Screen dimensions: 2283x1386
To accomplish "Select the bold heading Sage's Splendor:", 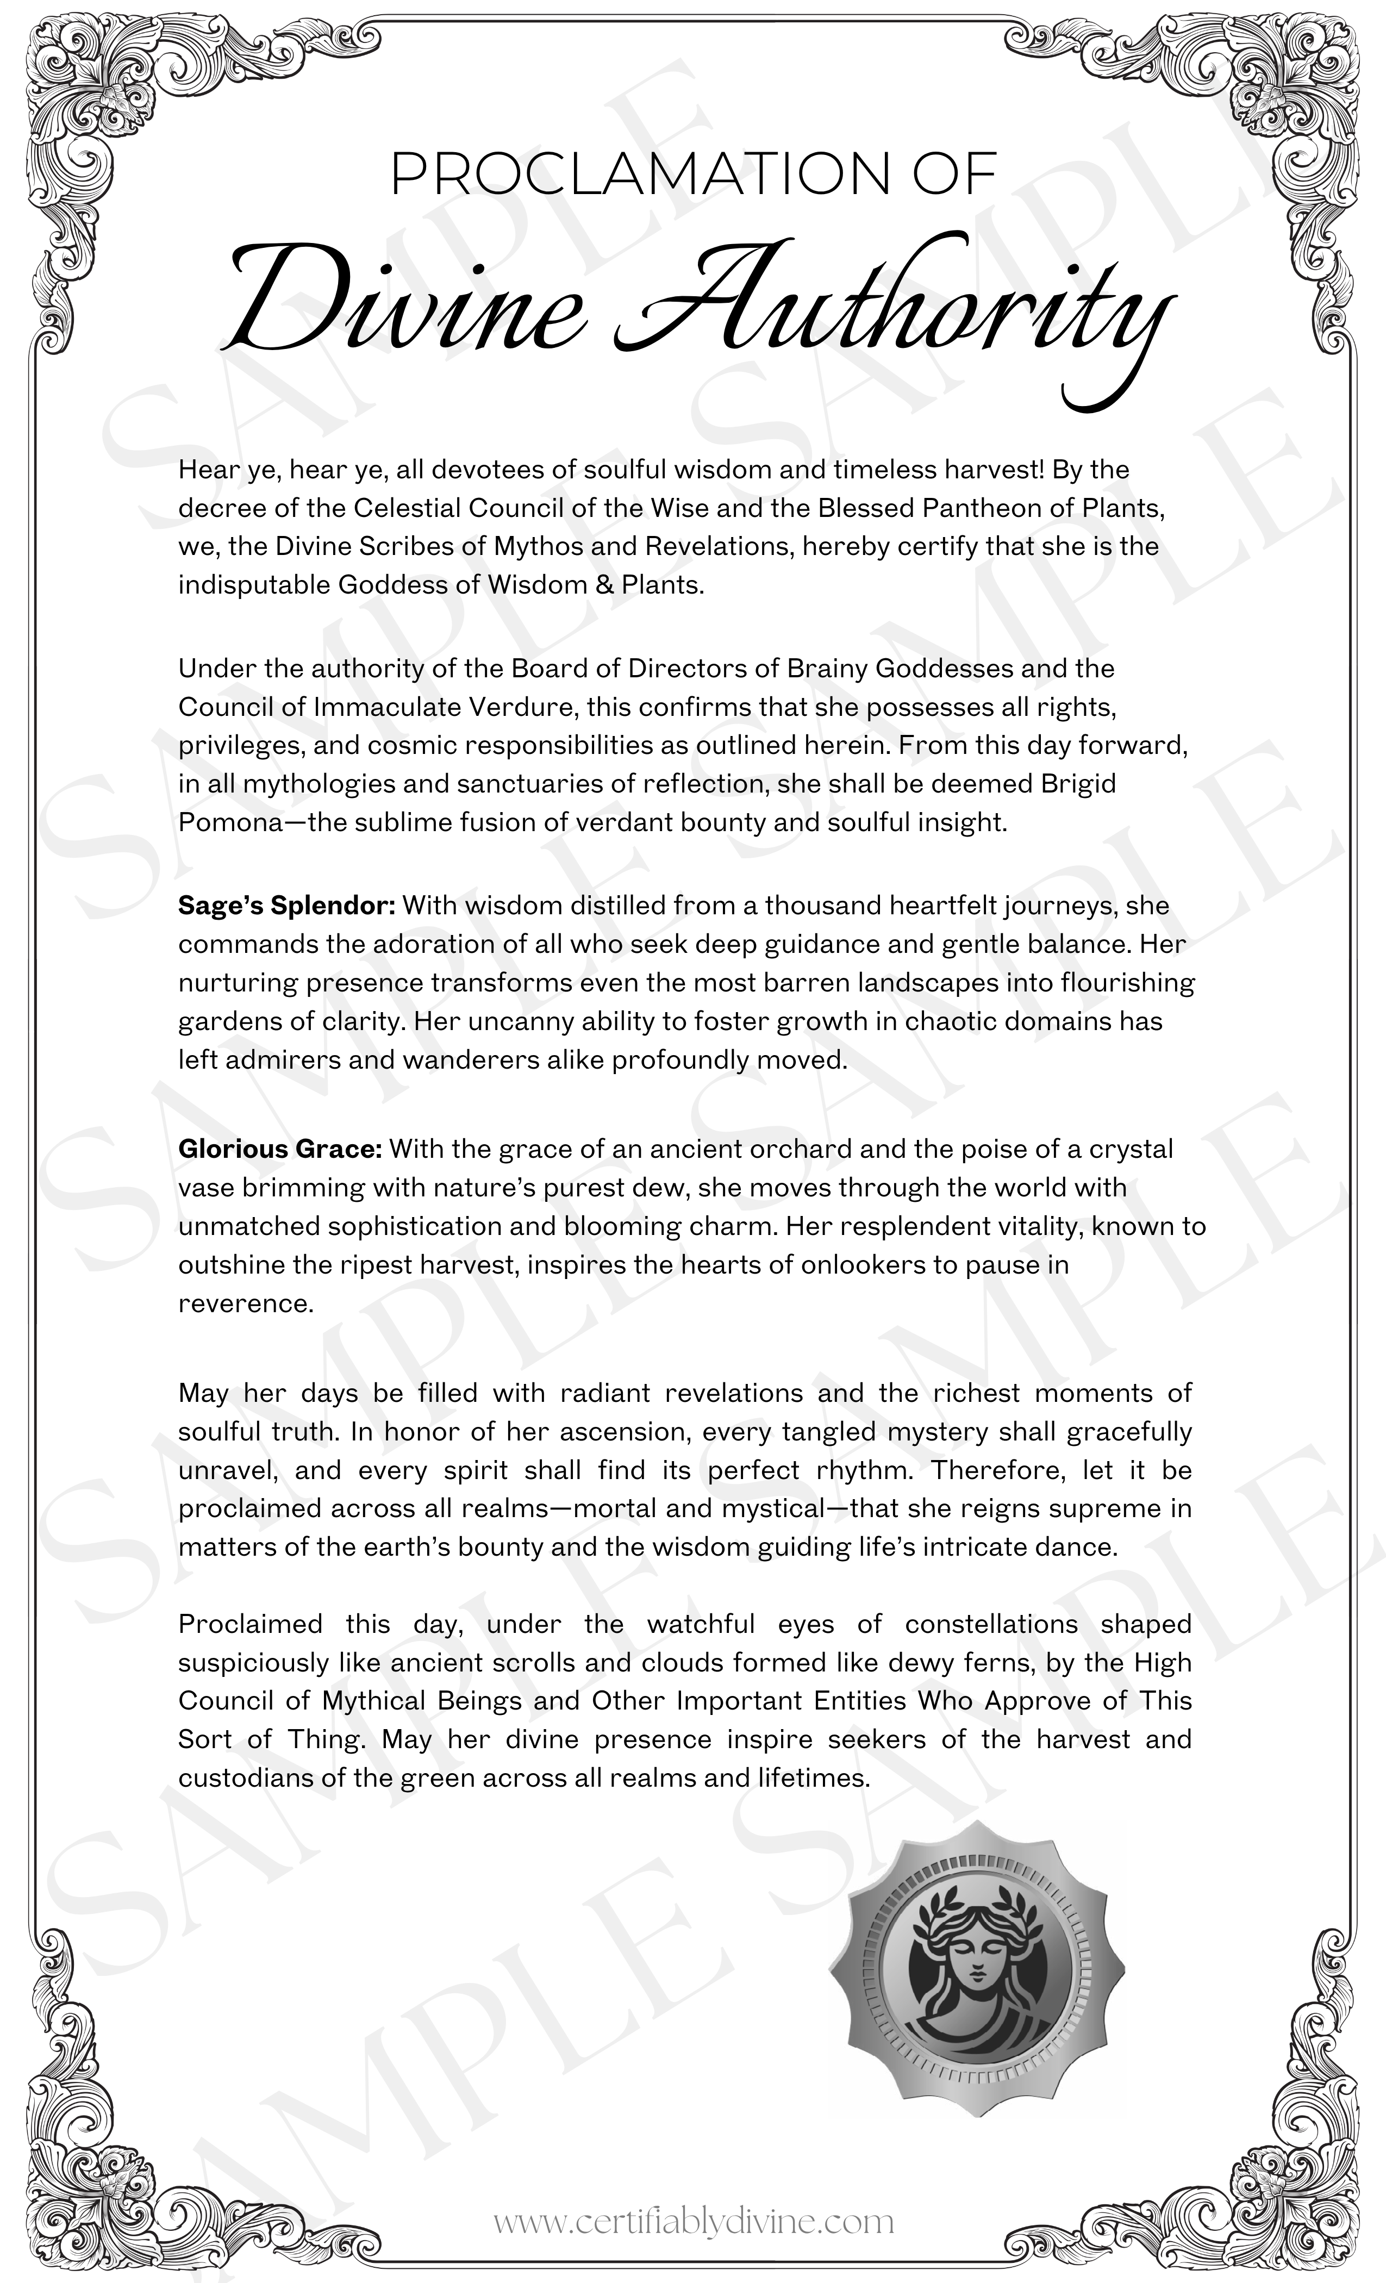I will click(287, 905).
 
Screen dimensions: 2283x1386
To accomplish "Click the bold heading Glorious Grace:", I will click(280, 1149).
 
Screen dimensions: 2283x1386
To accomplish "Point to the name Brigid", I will click(1078, 784).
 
